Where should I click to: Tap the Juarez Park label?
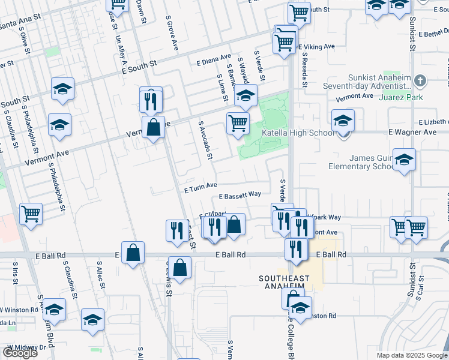click(x=406, y=97)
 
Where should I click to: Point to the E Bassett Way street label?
click(x=240, y=195)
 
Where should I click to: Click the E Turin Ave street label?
click(x=200, y=188)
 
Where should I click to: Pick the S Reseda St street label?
click(x=304, y=70)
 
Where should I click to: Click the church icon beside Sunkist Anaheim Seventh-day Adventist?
click(x=421, y=80)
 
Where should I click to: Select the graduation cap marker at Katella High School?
click(x=343, y=120)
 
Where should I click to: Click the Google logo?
click(x=20, y=353)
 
